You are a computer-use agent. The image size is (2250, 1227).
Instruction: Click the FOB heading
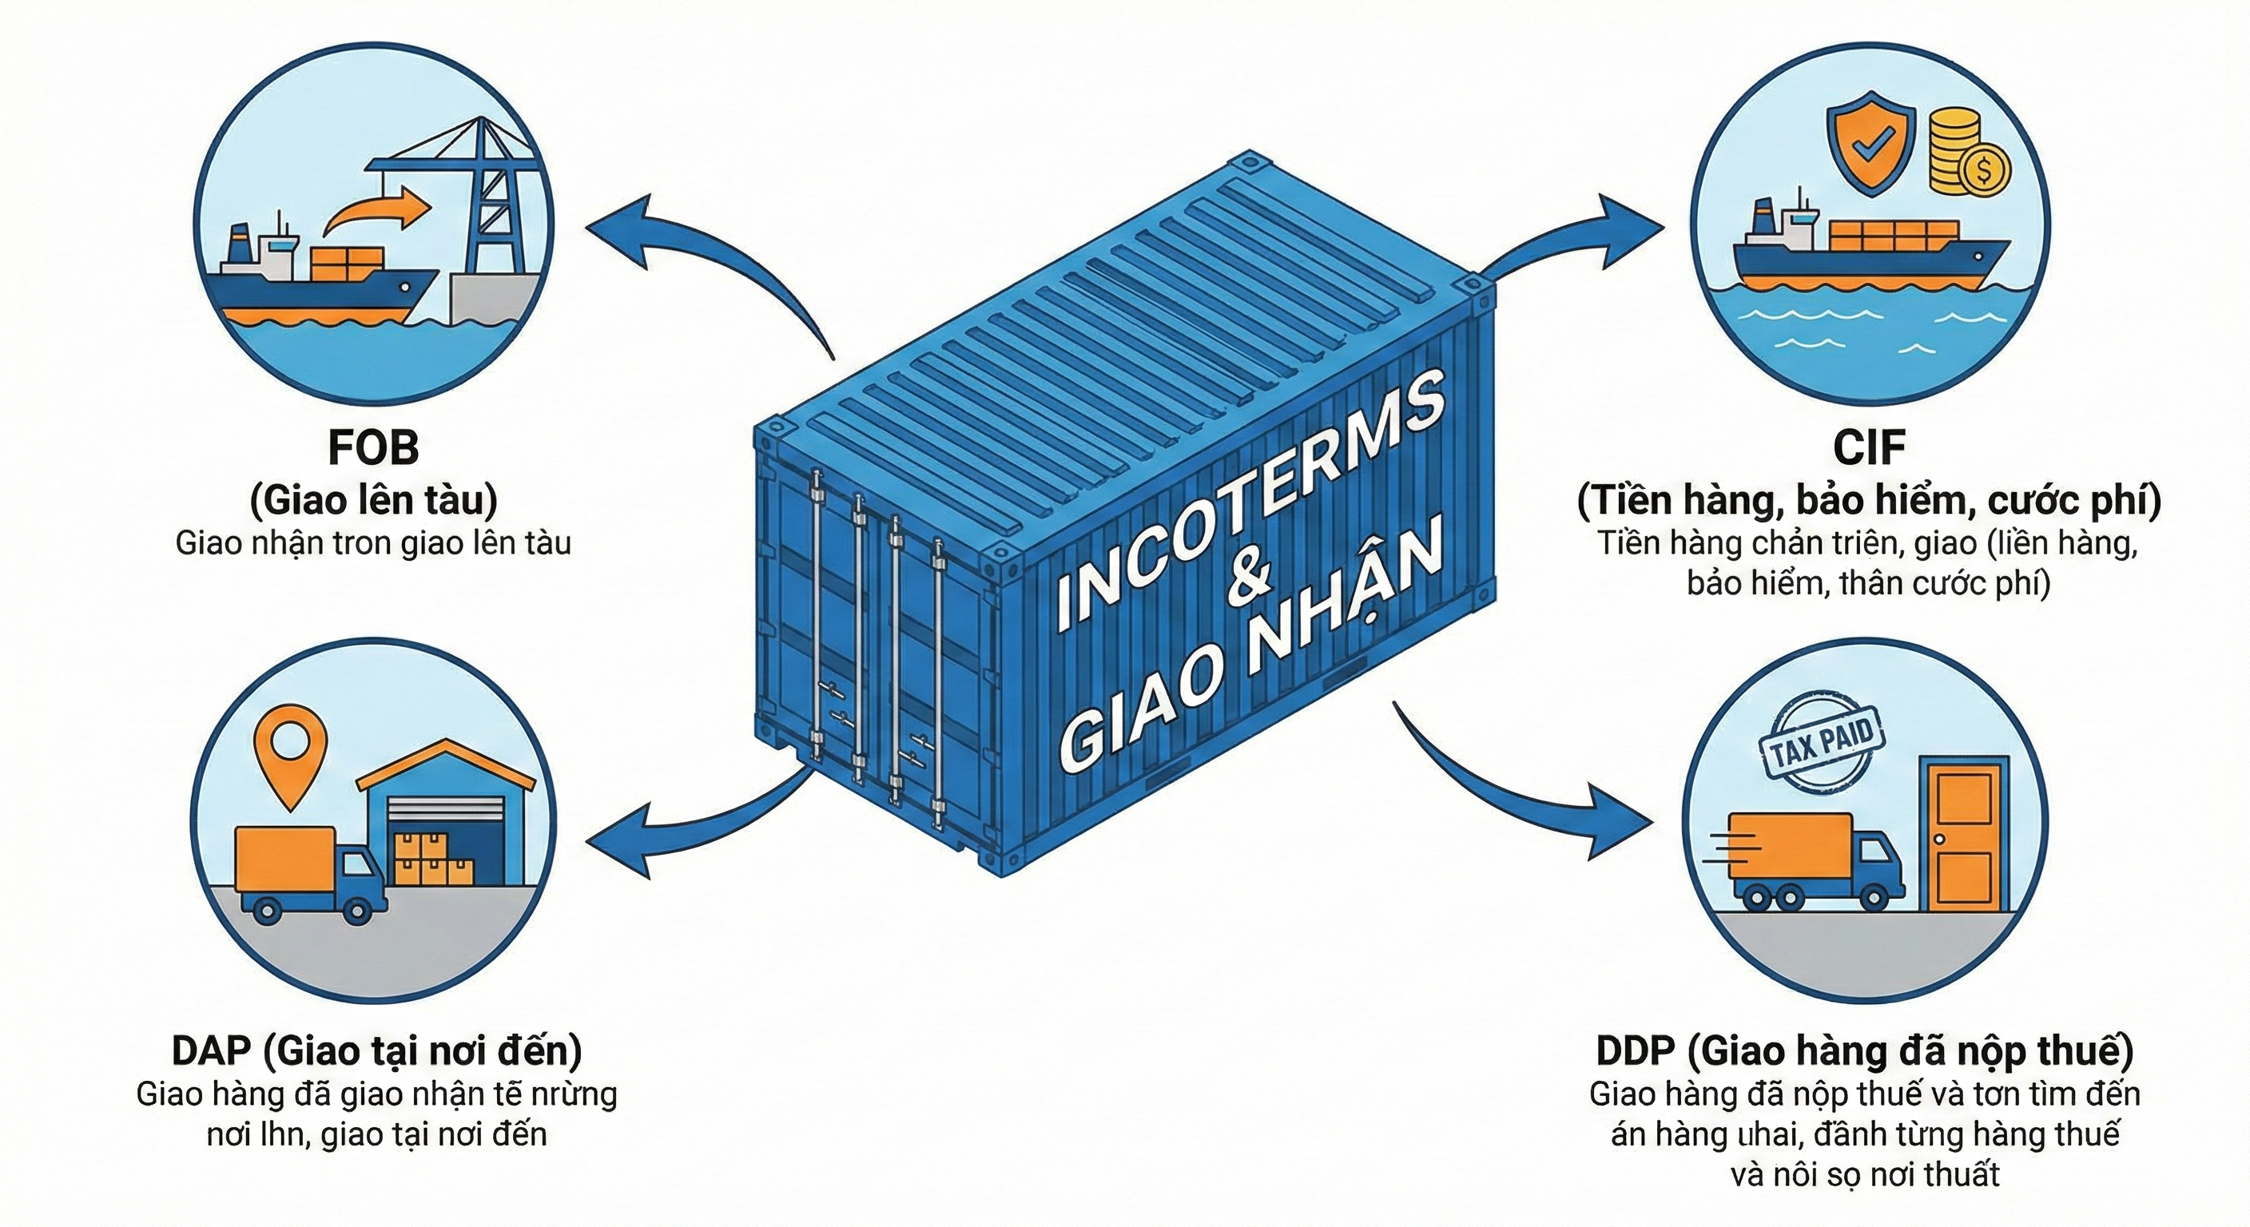coord(373,448)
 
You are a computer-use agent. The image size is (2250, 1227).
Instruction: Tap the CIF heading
coord(1868,448)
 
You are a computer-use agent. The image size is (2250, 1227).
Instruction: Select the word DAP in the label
coord(212,1050)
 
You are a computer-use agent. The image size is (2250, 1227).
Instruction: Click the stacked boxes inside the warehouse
coord(430,860)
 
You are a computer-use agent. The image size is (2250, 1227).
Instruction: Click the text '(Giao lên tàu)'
coord(373,500)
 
